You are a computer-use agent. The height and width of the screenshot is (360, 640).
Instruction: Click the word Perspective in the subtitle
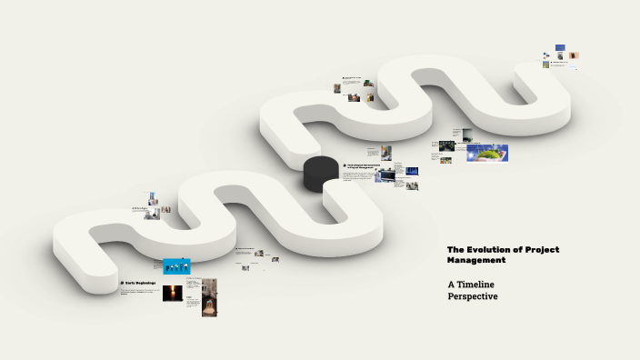pos(473,296)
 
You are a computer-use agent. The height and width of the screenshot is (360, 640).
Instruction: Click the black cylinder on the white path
pos(320,173)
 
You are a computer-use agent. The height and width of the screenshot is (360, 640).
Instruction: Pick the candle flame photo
pos(172,293)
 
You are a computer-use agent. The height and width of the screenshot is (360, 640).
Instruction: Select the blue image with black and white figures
pos(176,265)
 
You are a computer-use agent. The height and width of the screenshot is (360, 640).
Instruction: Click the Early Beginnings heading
pos(140,283)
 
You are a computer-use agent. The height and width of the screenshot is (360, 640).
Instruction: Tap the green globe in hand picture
pos(492,153)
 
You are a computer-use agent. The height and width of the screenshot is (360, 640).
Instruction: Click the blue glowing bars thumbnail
pos(412,171)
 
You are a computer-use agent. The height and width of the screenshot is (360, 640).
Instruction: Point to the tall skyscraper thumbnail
pos(153,198)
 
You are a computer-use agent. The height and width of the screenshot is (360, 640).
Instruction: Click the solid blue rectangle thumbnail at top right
pos(561,47)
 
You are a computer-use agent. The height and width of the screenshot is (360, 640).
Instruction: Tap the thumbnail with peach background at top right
pos(575,55)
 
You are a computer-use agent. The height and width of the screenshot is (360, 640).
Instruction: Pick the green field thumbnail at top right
pos(546,65)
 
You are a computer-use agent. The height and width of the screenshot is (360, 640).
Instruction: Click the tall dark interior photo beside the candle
pos(209,296)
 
